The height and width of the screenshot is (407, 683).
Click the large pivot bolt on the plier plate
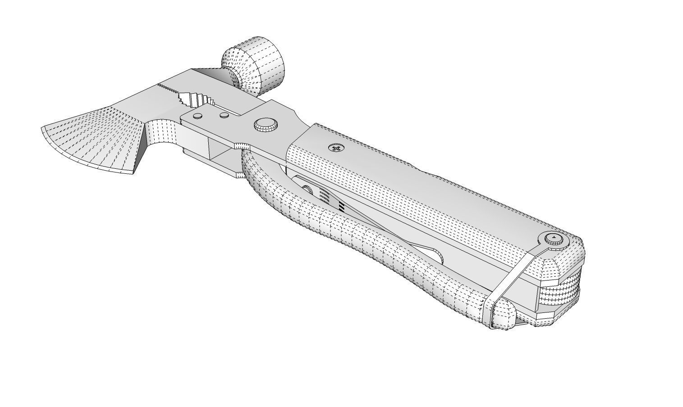pyautogui.click(x=265, y=125)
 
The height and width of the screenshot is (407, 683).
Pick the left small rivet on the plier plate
pyautogui.click(x=197, y=116)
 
